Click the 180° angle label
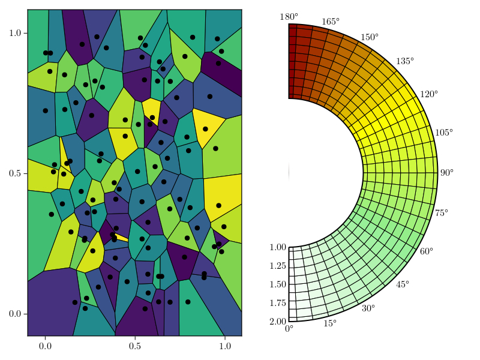click(289, 17)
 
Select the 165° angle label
click(330, 22)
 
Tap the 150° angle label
click(369, 37)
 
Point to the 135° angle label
click(404, 62)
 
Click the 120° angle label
click(428, 94)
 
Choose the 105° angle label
click(444, 132)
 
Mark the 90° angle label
click(447, 173)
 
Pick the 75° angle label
click(442, 213)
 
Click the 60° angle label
click(426, 251)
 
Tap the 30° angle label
click(368, 308)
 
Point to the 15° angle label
click(330, 324)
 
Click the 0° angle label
click(289, 328)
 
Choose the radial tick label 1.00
click(278, 247)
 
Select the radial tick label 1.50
click(278, 284)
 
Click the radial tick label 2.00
click(278, 322)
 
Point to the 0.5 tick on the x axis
click(135, 346)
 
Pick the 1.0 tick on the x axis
click(225, 346)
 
